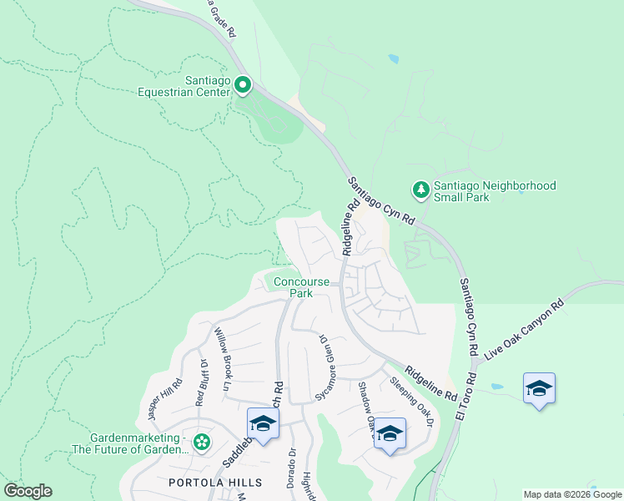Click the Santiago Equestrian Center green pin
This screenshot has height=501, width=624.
click(243, 84)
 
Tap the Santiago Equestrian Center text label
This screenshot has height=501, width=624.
click(184, 87)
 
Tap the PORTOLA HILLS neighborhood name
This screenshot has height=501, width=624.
click(215, 483)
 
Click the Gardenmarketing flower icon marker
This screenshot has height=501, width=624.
click(201, 441)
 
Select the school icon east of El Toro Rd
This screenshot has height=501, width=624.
click(539, 388)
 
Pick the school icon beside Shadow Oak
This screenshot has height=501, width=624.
click(389, 433)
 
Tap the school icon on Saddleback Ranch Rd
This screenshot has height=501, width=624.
click(263, 423)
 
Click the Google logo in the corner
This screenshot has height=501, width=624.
click(28, 491)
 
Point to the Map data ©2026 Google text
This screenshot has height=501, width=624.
click(571, 494)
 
